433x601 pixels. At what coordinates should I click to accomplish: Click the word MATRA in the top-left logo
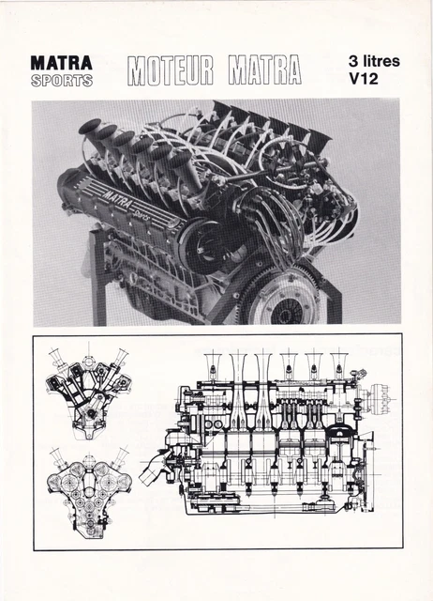[61, 63]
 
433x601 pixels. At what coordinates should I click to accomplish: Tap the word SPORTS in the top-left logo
[61, 80]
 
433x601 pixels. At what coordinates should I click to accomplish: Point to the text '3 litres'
[373, 62]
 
